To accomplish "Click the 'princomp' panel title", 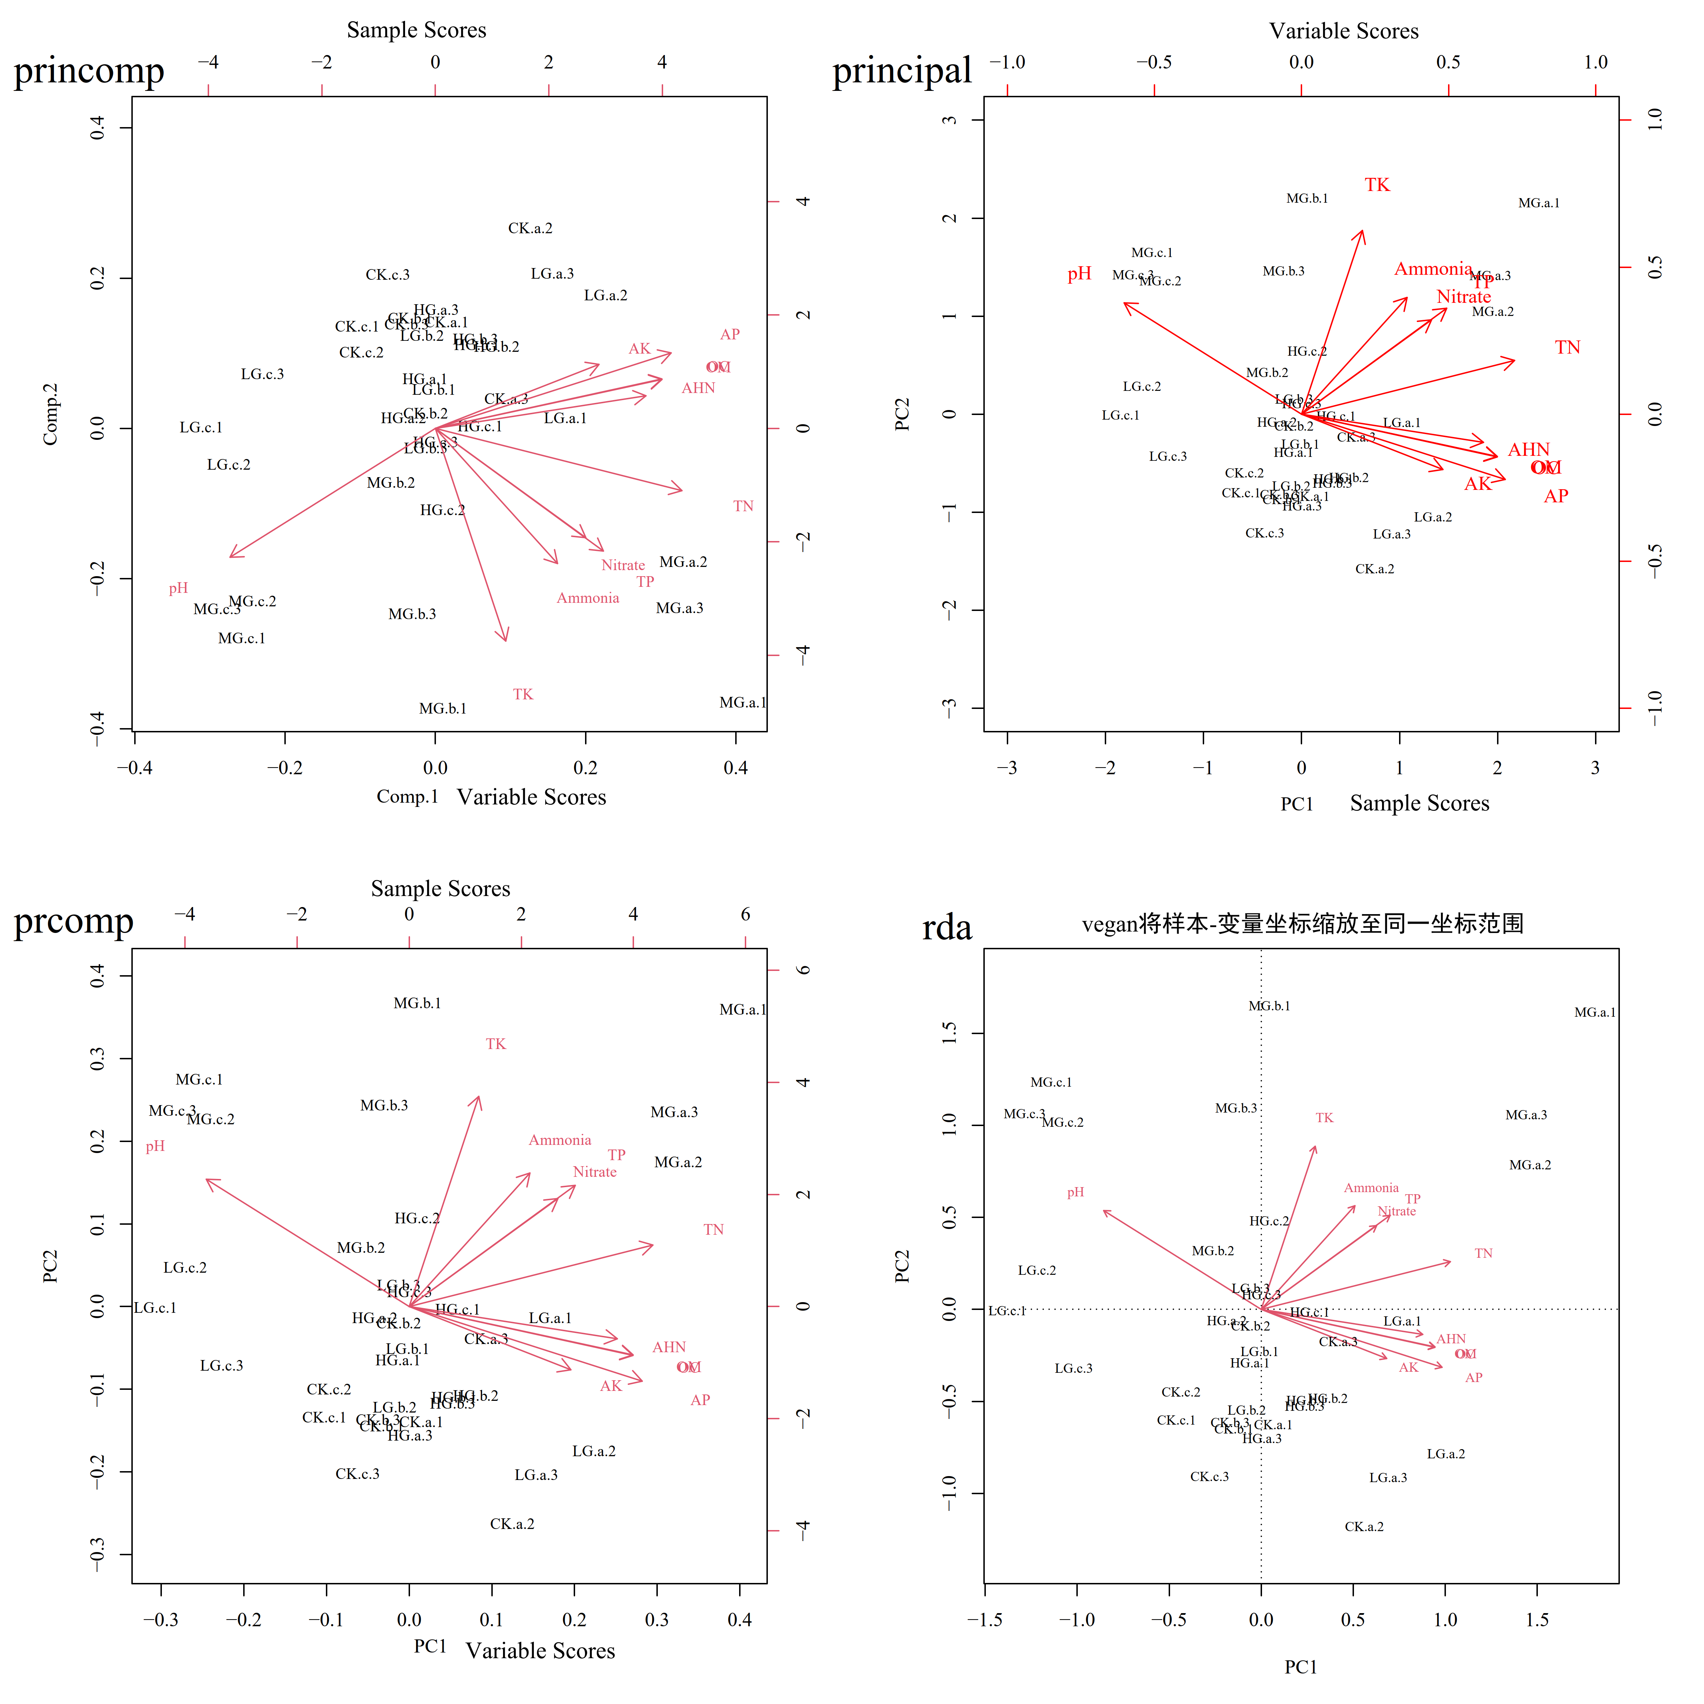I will pyautogui.click(x=89, y=71).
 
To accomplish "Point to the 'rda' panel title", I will pyautogui.click(x=946, y=928).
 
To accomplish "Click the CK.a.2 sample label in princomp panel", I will pyautogui.click(x=530, y=228).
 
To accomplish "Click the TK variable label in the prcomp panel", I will pyautogui.click(x=496, y=1044).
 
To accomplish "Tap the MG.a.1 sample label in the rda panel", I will pyautogui.click(x=1595, y=1012).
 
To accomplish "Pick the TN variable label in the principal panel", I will pyautogui.click(x=1567, y=348).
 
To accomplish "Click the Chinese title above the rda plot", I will pyautogui.click(x=1302, y=923).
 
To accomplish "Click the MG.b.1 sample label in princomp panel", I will pyautogui.click(x=443, y=708).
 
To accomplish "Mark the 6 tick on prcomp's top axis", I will pyautogui.click(x=745, y=914).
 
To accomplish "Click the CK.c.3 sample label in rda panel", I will pyautogui.click(x=1209, y=1476).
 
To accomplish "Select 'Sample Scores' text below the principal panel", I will pyautogui.click(x=1419, y=803).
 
